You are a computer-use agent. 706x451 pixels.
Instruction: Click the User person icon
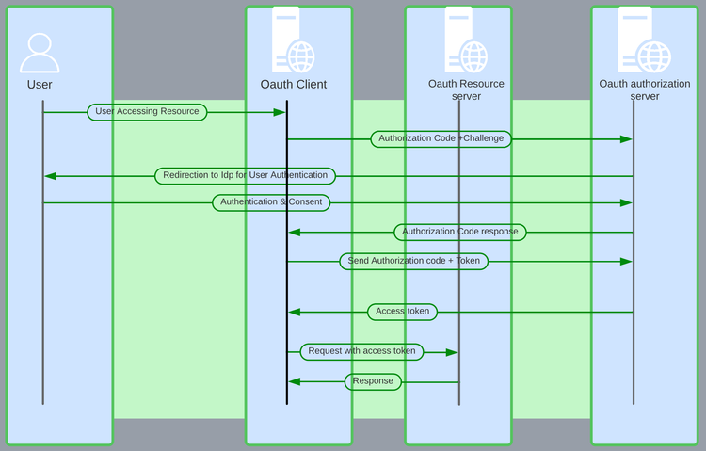pos(40,54)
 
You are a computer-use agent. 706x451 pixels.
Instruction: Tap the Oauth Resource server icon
pos(466,43)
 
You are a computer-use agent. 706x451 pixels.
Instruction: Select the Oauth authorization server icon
pos(645,43)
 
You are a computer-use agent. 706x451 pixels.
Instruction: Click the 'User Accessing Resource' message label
pos(147,112)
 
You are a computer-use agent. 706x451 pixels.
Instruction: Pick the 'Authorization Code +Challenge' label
pos(441,139)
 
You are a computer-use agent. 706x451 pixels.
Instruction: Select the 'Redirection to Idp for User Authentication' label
pos(245,176)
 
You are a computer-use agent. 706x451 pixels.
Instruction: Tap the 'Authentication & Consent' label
pos(271,202)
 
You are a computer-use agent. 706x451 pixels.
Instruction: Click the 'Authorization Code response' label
pos(459,232)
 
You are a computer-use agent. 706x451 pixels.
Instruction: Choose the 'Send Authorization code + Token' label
pos(413,262)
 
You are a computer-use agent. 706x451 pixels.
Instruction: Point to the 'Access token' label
pos(402,312)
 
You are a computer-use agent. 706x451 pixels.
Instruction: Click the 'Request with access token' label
pos(361,352)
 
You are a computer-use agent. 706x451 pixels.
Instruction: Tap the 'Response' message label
pos(373,381)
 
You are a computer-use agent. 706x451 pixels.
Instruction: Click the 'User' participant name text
pos(40,85)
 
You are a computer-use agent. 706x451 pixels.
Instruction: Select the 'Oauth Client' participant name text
pos(294,85)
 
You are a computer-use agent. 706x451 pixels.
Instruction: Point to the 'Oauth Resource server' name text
pos(466,89)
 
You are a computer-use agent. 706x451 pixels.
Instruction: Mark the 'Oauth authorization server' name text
pos(645,89)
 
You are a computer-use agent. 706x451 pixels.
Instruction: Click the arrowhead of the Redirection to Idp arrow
pos(50,176)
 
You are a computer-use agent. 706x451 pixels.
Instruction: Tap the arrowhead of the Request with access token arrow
pos(453,352)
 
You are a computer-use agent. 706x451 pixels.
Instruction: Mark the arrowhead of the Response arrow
pos(294,381)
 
